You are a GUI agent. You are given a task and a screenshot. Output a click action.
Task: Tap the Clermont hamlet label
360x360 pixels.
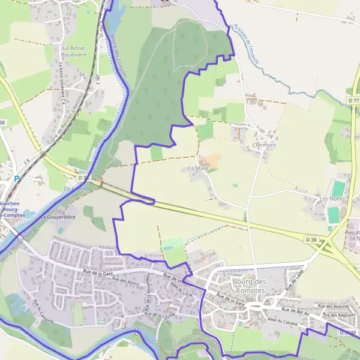(264, 145)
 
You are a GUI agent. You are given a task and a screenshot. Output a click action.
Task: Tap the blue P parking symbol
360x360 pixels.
(17, 178)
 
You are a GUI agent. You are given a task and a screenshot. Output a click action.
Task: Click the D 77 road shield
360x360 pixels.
(352, 91)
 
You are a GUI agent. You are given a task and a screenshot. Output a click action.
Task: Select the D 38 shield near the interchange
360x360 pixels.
(311, 239)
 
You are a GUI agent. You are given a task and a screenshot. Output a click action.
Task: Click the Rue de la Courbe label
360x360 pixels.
(160, 314)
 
